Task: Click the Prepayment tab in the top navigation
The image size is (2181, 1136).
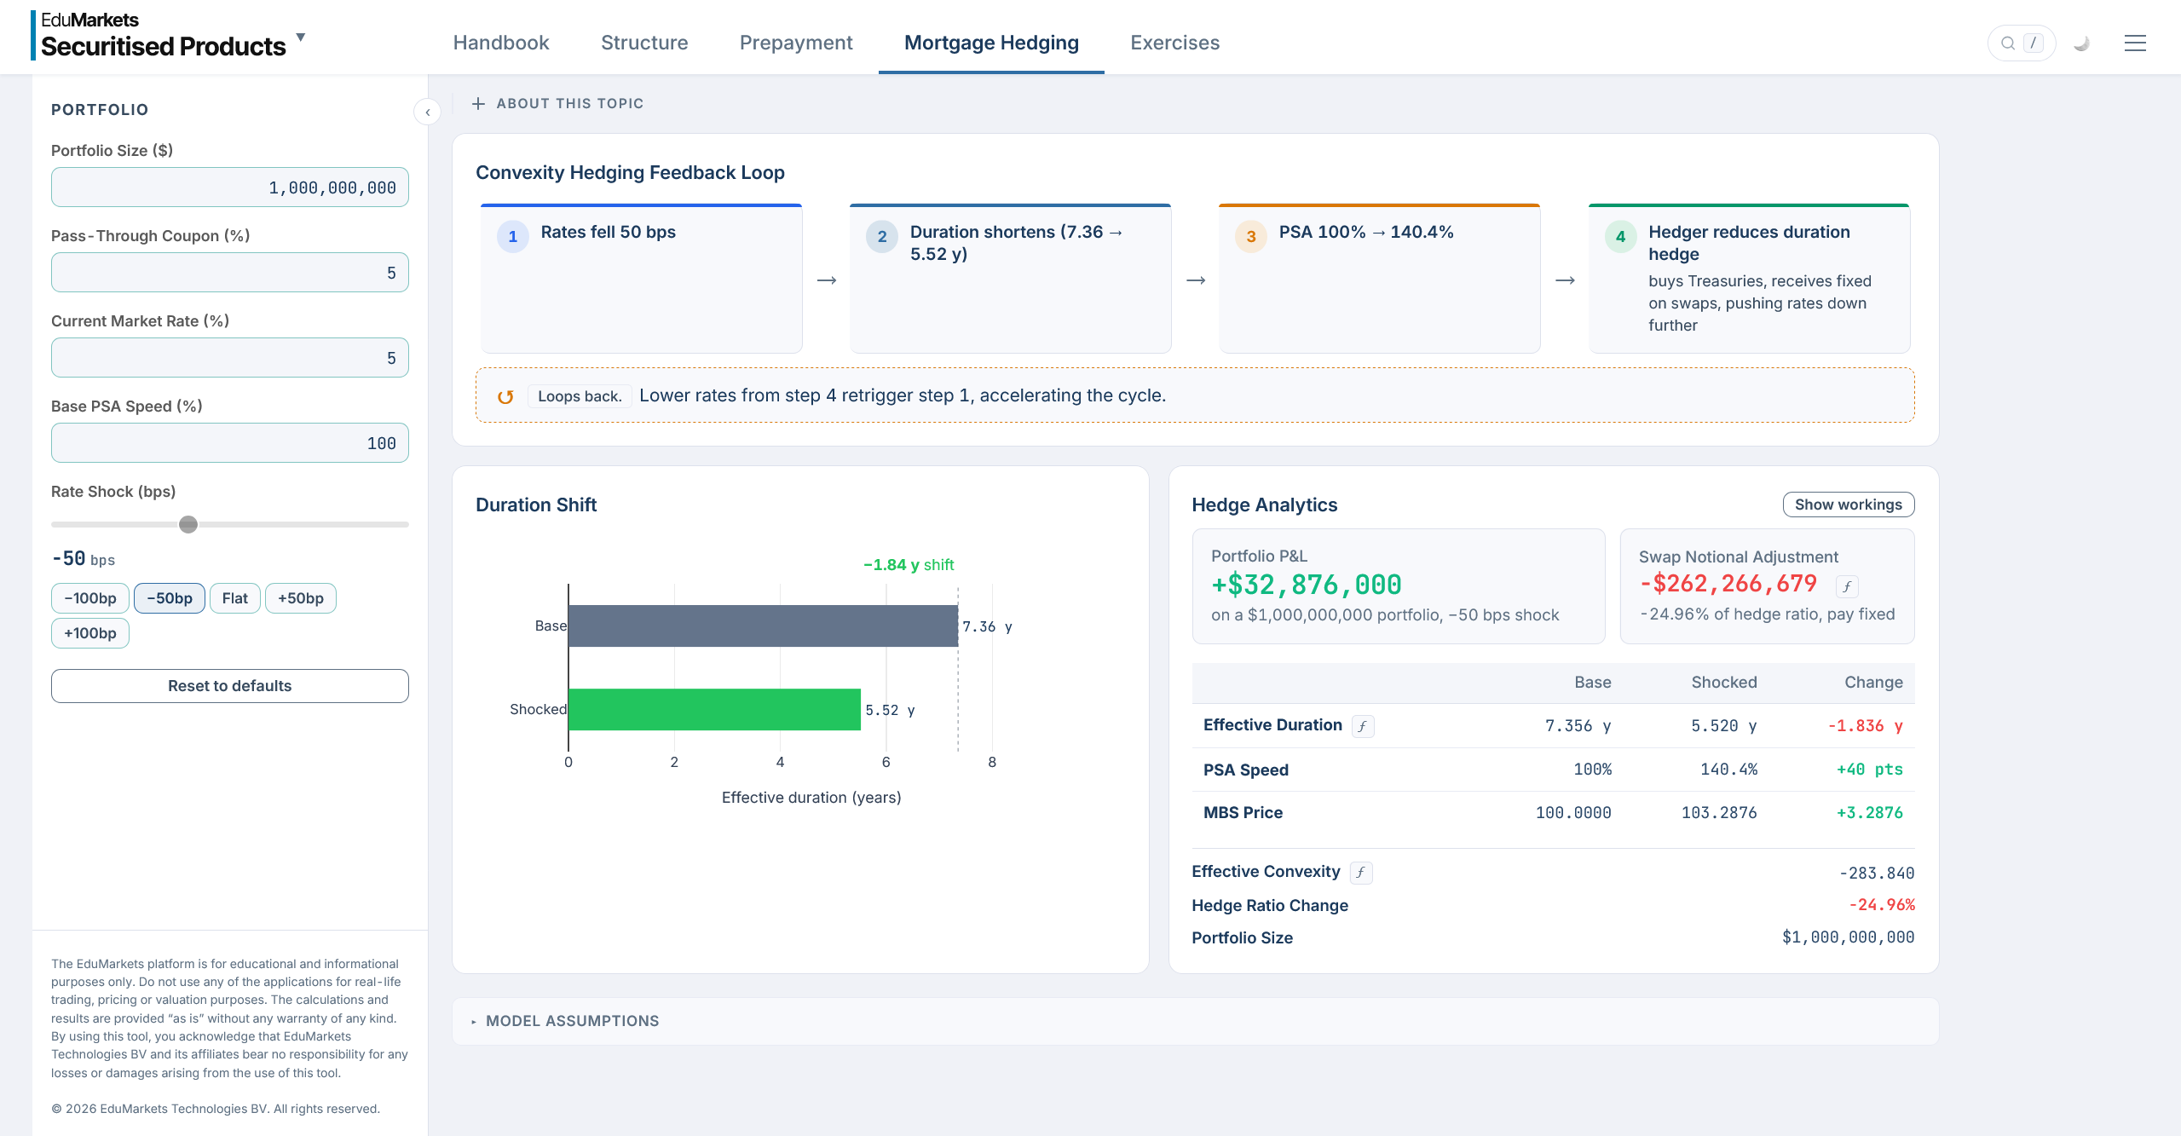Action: pyautogui.click(x=796, y=43)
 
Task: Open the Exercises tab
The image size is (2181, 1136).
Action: pyautogui.click(x=1174, y=43)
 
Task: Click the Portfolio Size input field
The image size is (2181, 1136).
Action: pyautogui.click(x=230, y=187)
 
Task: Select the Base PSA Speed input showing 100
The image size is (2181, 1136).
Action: pyautogui.click(x=230, y=443)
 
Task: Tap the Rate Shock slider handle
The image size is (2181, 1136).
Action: pyautogui.click(x=188, y=524)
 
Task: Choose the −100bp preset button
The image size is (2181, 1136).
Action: pyautogui.click(x=90, y=598)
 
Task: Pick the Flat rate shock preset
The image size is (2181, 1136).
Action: pyautogui.click(x=235, y=598)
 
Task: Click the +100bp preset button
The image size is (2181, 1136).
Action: pyautogui.click(x=90, y=633)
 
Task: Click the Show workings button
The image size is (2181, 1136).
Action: pyautogui.click(x=1849, y=505)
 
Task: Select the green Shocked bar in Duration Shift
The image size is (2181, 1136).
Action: pyautogui.click(x=714, y=710)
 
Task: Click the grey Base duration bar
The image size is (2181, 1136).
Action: pyautogui.click(x=763, y=626)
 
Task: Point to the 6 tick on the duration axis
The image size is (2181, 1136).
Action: pyautogui.click(x=886, y=762)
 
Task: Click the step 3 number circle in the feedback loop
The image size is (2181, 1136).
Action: pyautogui.click(x=1251, y=237)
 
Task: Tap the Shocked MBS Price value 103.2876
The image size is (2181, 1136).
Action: pyautogui.click(x=1719, y=813)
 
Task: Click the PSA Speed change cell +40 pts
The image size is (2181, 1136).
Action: pyautogui.click(x=1870, y=770)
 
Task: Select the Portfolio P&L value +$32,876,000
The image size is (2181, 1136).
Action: pyautogui.click(x=1307, y=585)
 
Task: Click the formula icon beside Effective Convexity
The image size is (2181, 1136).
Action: pyautogui.click(x=1361, y=872)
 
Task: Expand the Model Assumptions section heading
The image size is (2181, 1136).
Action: pyautogui.click(x=572, y=1021)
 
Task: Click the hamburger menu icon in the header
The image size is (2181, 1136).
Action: pyautogui.click(x=2135, y=43)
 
